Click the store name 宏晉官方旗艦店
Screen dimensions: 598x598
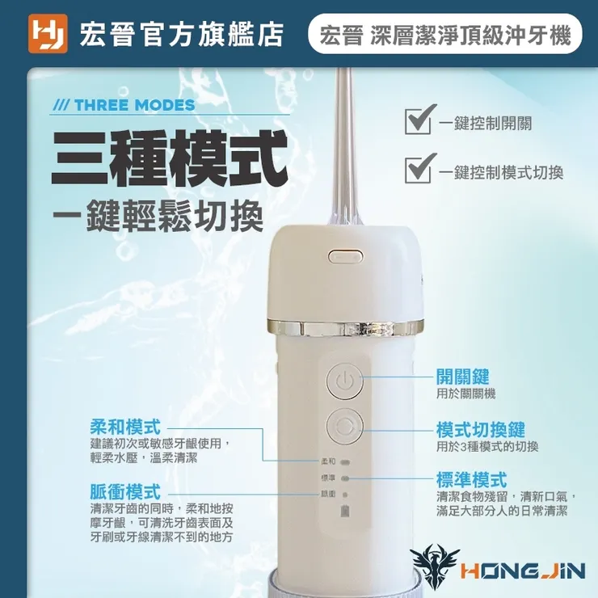(x=183, y=35)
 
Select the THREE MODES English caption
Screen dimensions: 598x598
(x=123, y=105)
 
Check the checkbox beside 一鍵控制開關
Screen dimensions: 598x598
(x=418, y=122)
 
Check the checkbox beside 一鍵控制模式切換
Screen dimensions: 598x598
(x=418, y=170)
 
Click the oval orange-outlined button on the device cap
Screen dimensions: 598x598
(x=344, y=257)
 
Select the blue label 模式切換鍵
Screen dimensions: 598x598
(x=480, y=430)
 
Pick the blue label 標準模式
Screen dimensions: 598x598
(x=471, y=480)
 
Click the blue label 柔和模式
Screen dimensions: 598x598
(x=125, y=427)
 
